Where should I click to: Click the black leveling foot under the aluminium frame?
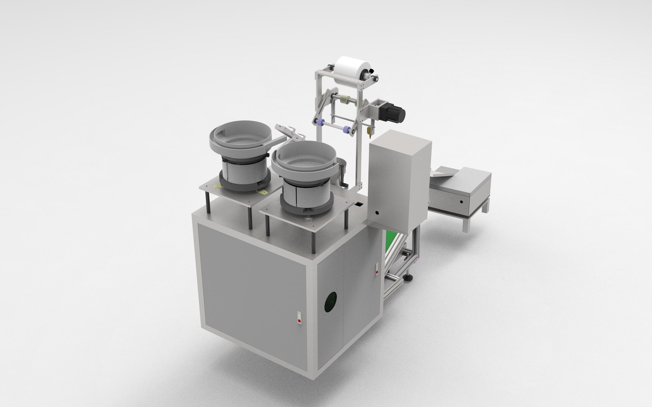point(409,278)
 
